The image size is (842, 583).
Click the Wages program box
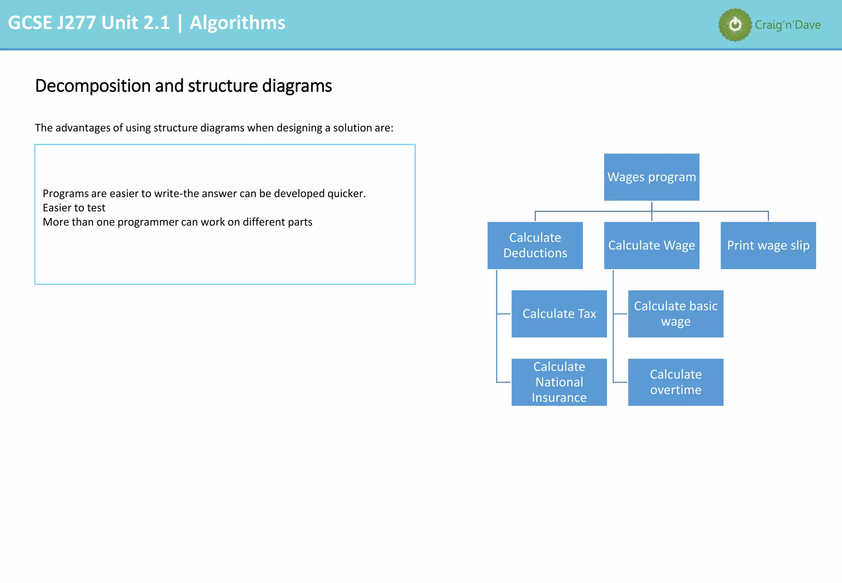pos(651,177)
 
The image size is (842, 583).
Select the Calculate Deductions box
pos(535,245)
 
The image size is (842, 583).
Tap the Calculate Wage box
pos(651,245)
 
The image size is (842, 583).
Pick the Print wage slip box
pos(768,245)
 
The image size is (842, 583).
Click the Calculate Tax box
pos(559,314)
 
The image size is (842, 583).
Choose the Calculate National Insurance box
pos(559,382)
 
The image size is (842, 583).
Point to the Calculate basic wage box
pos(675,314)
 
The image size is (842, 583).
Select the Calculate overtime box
pos(675,382)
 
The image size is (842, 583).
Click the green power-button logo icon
pos(735,25)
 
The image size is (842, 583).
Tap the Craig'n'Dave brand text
pos(788,25)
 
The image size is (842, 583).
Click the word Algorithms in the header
pos(237,23)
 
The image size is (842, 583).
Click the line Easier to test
pos(74,208)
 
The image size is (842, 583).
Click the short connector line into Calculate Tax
pos(504,314)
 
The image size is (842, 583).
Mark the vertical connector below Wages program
pos(652,206)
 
